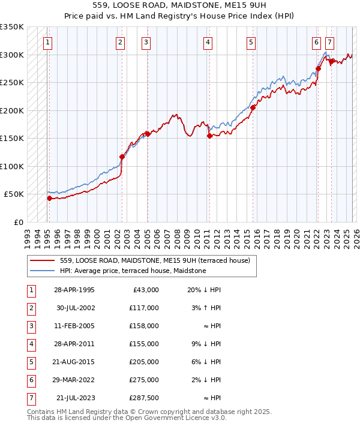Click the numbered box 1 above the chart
click(47, 42)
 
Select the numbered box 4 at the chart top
click(207, 42)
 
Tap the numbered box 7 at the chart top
click(329, 42)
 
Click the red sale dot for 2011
click(209, 136)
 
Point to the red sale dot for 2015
click(253, 108)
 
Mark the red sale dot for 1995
click(49, 198)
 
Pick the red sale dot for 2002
click(122, 157)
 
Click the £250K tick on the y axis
click(12, 82)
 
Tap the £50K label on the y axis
click(14, 194)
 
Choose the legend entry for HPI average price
click(133, 271)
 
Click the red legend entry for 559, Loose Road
click(158, 260)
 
